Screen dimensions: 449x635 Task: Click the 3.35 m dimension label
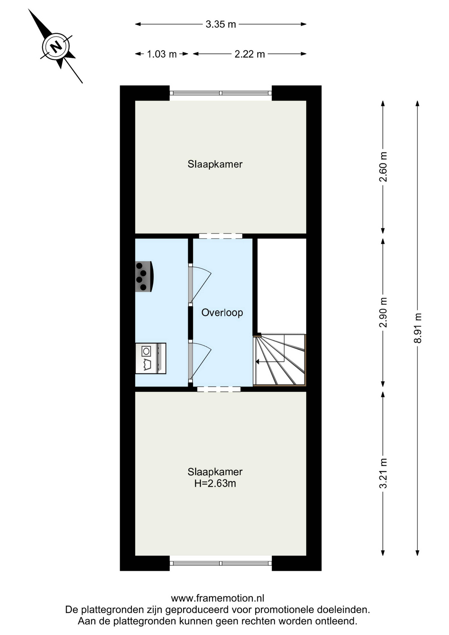(221, 24)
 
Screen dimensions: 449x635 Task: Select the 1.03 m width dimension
(162, 54)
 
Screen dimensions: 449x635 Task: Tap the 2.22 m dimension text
(250, 54)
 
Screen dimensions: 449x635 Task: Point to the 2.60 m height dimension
(383, 167)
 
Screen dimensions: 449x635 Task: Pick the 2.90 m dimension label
(383, 313)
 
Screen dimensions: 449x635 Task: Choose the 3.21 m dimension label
(383, 473)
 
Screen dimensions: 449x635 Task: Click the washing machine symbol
(150, 358)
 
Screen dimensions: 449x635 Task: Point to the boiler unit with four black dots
(144, 276)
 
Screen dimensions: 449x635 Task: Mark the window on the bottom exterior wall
(221, 563)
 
